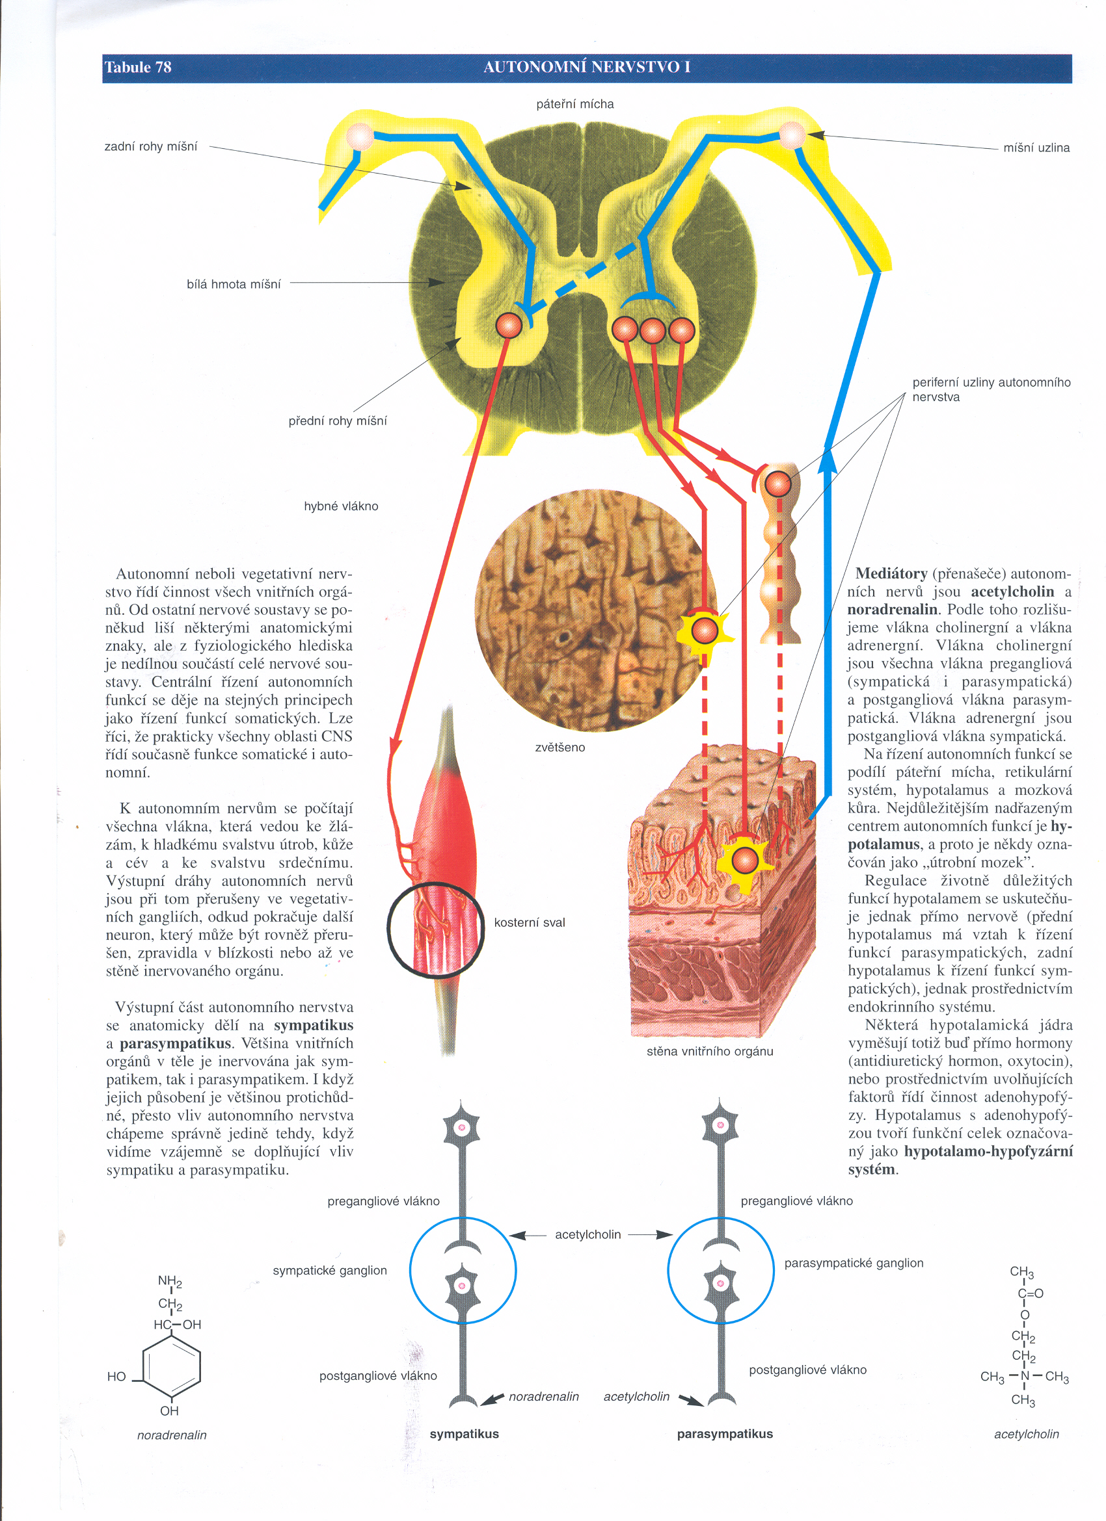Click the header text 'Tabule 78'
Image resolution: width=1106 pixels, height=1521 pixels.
(x=137, y=67)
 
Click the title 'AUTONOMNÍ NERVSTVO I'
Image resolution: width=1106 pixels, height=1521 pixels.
(x=587, y=67)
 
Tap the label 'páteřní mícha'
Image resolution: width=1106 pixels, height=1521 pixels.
(x=575, y=104)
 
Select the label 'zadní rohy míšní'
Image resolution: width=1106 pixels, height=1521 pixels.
(x=151, y=147)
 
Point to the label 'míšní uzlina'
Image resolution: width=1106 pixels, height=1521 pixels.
(x=1036, y=148)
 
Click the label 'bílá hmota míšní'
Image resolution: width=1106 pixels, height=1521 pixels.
(x=234, y=284)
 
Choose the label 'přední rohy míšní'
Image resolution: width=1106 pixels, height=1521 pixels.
(x=338, y=421)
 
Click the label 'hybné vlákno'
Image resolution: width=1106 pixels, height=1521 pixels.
(x=341, y=506)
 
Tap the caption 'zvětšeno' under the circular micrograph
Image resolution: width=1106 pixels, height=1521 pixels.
(x=560, y=747)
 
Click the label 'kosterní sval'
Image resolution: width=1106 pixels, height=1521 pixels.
(x=530, y=923)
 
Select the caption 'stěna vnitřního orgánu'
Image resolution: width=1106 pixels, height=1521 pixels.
(x=710, y=1052)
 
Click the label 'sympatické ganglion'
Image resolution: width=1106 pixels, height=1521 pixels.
(x=329, y=1271)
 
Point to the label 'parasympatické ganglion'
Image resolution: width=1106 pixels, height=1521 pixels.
(x=854, y=1264)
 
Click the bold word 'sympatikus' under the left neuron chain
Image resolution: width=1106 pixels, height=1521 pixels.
(x=465, y=1435)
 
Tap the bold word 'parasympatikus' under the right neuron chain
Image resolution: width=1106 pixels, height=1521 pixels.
(x=725, y=1435)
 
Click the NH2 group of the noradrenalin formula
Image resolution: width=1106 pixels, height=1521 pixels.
(x=170, y=1282)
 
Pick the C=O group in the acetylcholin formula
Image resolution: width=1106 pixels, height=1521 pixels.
(x=1030, y=1293)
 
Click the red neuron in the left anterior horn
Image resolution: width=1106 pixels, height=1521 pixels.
(x=509, y=326)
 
